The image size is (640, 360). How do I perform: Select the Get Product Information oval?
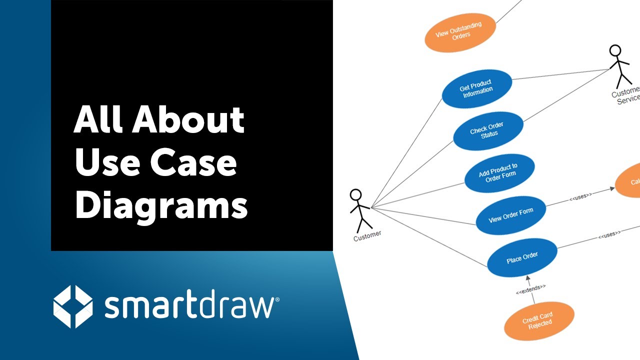tap(476, 89)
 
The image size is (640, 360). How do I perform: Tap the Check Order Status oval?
tap(488, 131)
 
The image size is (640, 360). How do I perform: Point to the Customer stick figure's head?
tap(355, 194)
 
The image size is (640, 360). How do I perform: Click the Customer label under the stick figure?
tap(367, 235)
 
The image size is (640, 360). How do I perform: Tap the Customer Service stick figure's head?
tap(615, 50)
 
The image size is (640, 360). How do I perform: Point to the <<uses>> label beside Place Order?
tap(609, 233)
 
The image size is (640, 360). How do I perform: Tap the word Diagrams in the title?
tap(161, 205)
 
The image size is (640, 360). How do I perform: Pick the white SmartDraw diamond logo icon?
tap(73, 306)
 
